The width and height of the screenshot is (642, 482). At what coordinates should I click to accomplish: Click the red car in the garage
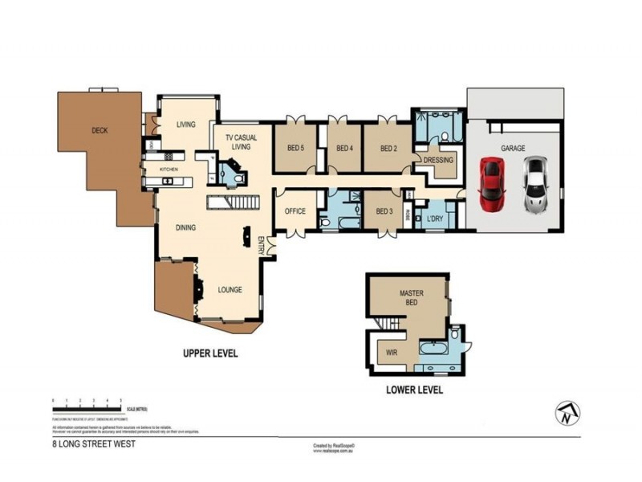(491, 184)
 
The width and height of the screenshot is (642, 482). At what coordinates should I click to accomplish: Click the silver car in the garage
(535, 184)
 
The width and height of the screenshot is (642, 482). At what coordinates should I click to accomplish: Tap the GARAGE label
(513, 149)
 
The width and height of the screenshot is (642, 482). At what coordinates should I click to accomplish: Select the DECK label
(100, 130)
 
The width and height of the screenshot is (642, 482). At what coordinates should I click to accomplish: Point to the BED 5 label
(295, 148)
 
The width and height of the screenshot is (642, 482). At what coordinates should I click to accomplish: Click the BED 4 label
(344, 148)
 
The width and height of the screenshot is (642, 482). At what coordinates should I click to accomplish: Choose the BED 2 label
(389, 148)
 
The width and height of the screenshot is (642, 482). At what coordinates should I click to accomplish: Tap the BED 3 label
(385, 211)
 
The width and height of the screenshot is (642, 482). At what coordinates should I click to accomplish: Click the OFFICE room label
(295, 211)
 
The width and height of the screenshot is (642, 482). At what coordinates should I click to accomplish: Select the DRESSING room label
(438, 160)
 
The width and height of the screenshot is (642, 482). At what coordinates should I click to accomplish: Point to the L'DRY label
(434, 219)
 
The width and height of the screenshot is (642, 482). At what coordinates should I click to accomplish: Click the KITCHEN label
(169, 170)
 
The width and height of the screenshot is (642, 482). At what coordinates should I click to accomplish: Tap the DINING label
(186, 227)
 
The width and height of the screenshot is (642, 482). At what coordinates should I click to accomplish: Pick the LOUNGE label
(230, 290)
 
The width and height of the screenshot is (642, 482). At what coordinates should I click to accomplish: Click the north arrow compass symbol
(567, 413)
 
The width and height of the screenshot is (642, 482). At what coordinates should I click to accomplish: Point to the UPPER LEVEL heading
(210, 353)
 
